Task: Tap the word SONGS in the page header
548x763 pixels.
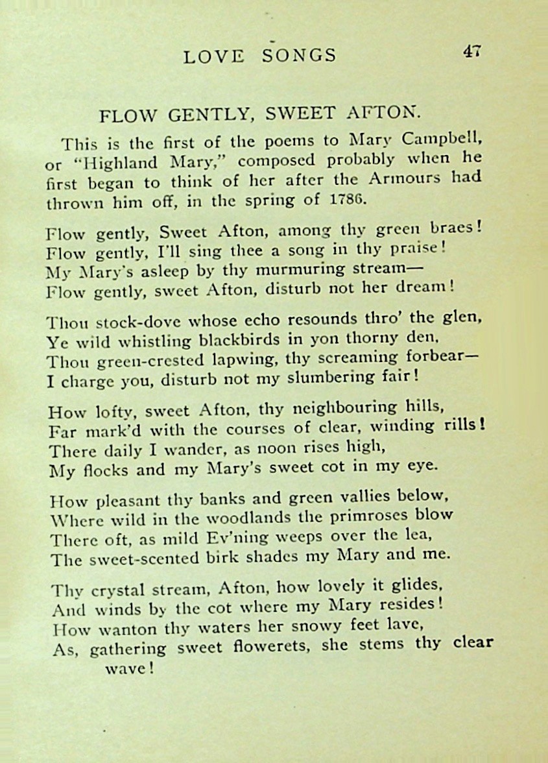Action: click(x=299, y=56)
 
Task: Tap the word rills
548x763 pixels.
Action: click(x=463, y=426)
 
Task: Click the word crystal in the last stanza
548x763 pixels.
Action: click(x=114, y=590)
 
